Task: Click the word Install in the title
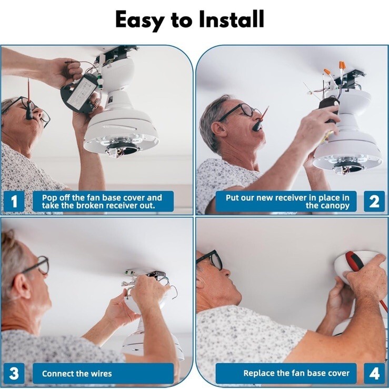(x=232, y=19)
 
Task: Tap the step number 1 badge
(x=14, y=201)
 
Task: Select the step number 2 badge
(x=374, y=201)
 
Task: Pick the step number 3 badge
(x=14, y=373)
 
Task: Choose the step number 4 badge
(x=374, y=373)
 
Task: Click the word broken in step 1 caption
(x=93, y=206)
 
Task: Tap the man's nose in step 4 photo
(x=226, y=271)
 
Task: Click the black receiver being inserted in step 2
(x=329, y=109)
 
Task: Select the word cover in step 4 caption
(x=338, y=373)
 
